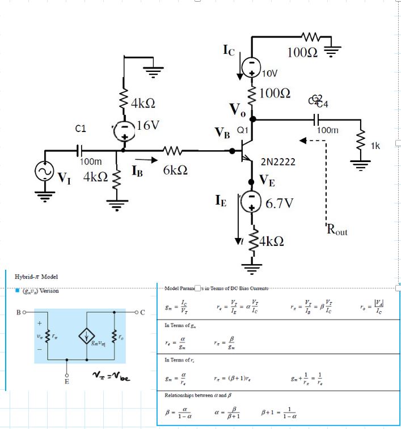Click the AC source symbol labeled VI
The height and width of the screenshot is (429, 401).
43,172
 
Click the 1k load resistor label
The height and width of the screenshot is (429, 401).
375,146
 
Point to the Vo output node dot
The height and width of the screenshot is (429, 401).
253,119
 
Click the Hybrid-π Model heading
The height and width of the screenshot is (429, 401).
36,277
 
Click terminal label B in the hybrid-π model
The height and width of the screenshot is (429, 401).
19,312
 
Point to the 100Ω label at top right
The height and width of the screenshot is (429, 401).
302,53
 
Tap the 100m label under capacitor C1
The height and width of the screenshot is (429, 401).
91,162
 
